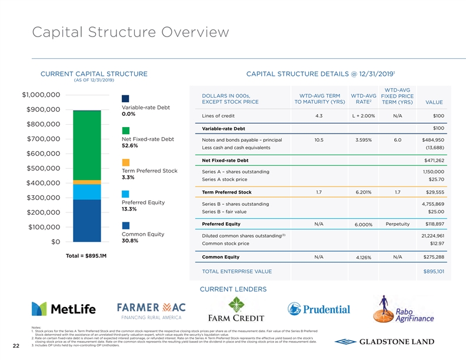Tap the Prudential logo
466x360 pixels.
pyautogui.click(x=319, y=309)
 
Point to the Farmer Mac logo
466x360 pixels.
pyautogui.click(x=152, y=311)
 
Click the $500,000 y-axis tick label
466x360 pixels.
pyautogui.click(x=41, y=168)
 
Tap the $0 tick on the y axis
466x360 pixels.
pyautogui.click(x=52, y=242)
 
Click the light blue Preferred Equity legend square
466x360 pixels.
pyautogui.click(x=125, y=194)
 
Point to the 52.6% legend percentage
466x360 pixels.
pyautogui.click(x=129, y=146)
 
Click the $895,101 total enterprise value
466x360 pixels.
pyautogui.click(x=434, y=271)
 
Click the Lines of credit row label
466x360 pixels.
pyautogui.click(x=218, y=115)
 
